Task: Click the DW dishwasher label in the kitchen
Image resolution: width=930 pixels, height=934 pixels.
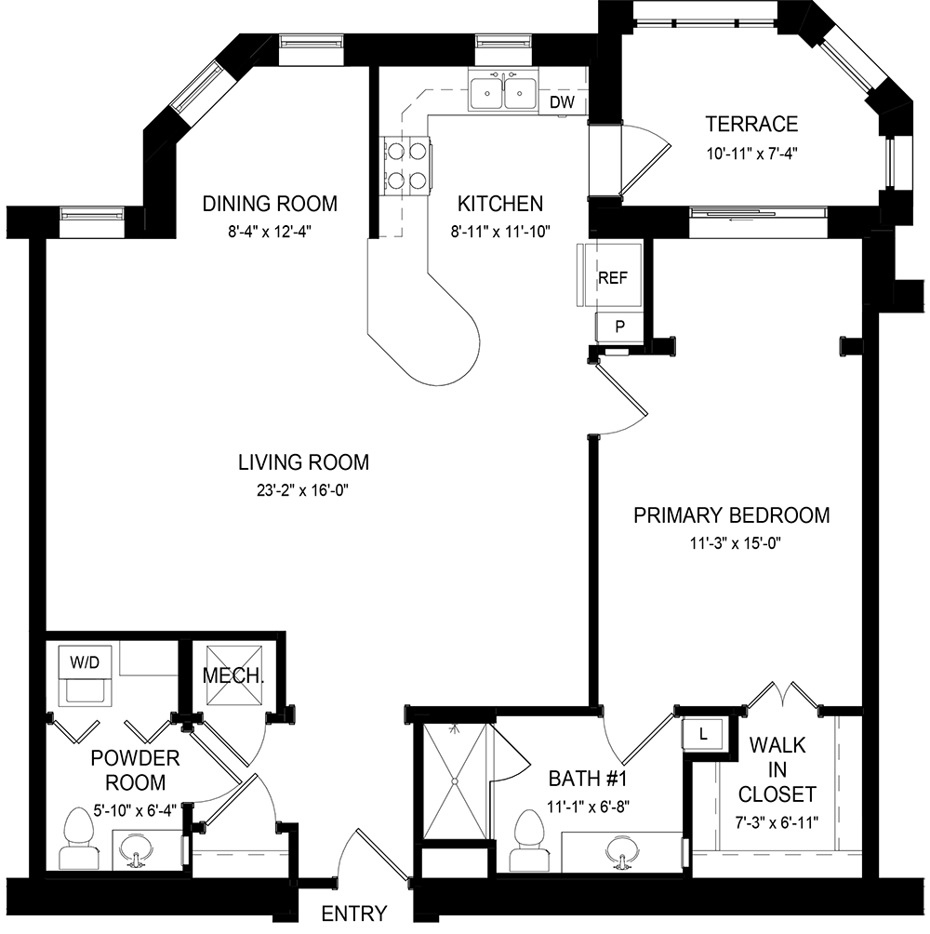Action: pyautogui.click(x=562, y=101)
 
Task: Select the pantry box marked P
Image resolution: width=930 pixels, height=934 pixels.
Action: pyautogui.click(x=619, y=327)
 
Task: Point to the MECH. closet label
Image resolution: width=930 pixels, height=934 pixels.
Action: pyautogui.click(x=233, y=675)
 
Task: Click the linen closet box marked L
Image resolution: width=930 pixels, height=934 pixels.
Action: pyautogui.click(x=703, y=734)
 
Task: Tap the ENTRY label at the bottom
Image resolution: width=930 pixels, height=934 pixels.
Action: pyautogui.click(x=354, y=914)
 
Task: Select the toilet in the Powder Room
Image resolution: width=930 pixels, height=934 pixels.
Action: pyautogui.click(x=78, y=837)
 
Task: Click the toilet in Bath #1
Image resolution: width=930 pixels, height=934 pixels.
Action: pyautogui.click(x=529, y=839)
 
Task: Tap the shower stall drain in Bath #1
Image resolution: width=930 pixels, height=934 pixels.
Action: pyautogui.click(x=455, y=781)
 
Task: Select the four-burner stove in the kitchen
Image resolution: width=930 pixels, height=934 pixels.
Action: pyautogui.click(x=406, y=166)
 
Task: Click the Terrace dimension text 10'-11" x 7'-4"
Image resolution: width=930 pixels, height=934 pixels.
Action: pyautogui.click(x=752, y=153)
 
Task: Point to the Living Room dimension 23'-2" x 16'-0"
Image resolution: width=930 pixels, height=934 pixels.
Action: pyautogui.click(x=303, y=490)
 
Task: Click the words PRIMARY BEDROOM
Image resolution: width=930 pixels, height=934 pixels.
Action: pyautogui.click(x=732, y=515)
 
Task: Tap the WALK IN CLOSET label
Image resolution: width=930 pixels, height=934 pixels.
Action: pyautogui.click(x=777, y=769)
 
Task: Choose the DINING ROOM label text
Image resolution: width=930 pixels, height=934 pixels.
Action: pyautogui.click(x=270, y=204)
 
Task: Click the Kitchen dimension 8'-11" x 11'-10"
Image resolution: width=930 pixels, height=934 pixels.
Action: pyautogui.click(x=500, y=231)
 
